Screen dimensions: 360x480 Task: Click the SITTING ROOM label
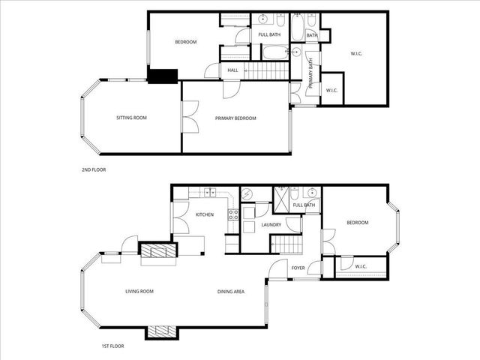[x=131, y=118]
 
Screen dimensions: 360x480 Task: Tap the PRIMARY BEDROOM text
[x=235, y=118]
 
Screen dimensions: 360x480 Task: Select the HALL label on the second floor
[x=232, y=70]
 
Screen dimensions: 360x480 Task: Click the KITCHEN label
[x=205, y=214]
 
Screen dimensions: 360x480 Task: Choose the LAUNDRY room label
[x=271, y=224]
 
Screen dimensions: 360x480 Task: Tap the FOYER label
[x=297, y=266]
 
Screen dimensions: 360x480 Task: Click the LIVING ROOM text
[x=139, y=291]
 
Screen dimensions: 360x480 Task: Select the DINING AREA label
[x=230, y=291]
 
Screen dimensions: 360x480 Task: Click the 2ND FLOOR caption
[x=94, y=169]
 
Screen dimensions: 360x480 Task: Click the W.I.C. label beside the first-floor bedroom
[x=360, y=266]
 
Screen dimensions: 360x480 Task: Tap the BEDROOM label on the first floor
[x=357, y=223]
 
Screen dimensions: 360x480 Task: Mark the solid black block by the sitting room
[x=162, y=75]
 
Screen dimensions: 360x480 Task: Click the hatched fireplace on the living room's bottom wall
[x=160, y=332]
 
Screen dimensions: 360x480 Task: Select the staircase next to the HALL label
[x=267, y=70]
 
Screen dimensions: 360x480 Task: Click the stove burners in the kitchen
[x=232, y=217]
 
